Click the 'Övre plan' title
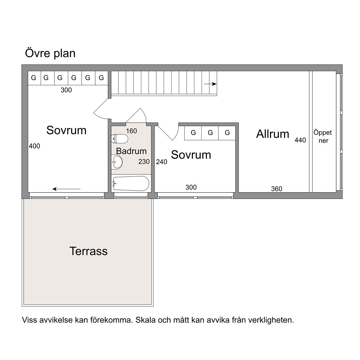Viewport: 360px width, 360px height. [x=50, y=53]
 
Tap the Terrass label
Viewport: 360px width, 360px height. [x=88, y=251]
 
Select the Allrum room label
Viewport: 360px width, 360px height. [x=272, y=134]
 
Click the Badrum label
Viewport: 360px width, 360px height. [x=131, y=151]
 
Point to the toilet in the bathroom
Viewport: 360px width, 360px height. [x=119, y=139]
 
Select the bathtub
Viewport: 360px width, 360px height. [x=131, y=183]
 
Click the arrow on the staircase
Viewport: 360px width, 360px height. [x=210, y=84]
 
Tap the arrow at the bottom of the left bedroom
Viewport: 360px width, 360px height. [x=66, y=189]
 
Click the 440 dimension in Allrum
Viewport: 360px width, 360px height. [x=300, y=140]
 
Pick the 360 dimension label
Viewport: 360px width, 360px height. [x=277, y=189]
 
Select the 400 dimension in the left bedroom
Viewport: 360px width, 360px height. [x=34, y=146]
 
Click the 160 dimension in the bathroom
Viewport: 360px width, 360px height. [x=131, y=131]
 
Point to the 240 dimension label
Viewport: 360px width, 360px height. [x=162, y=162]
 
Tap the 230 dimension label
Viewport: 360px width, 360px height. [x=144, y=162]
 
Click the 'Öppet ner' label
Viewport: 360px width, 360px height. [x=322, y=136]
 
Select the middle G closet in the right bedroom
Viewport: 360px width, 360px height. [x=210, y=133]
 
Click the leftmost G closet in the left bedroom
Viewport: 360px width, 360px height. [x=33, y=78]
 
